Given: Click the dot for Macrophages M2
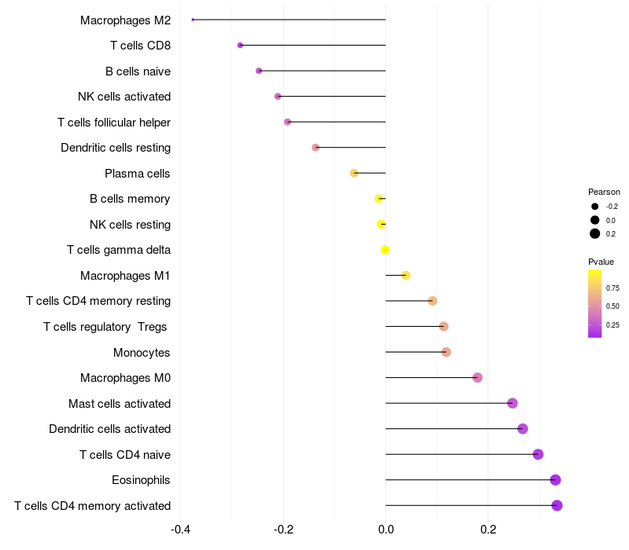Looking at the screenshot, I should tap(193, 20).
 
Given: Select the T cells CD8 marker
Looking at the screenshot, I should tap(240, 46).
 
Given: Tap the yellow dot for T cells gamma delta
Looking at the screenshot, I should tap(385, 250).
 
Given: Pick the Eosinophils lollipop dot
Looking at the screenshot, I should tap(555, 480).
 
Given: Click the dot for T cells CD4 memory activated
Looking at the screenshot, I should tap(557, 505).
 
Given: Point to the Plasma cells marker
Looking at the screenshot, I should tap(354, 173).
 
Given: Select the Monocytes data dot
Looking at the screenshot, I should tap(446, 352).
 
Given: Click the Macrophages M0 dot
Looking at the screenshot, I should tap(477, 378).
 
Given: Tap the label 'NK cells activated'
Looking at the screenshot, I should tap(124, 97).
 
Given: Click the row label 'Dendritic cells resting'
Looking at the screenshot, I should tap(116, 148).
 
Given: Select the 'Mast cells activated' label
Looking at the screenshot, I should tap(120, 404).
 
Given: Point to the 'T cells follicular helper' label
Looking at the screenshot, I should tap(114, 123).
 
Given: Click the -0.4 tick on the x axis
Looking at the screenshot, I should tap(180, 529).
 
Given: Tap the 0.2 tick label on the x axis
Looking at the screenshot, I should tap(488, 529).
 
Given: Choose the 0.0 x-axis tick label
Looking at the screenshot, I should tap(385, 529).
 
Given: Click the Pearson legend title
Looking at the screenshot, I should tap(604, 192).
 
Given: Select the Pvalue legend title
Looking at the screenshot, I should tap(601, 262).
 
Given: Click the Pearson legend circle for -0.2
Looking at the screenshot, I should tap(595, 207).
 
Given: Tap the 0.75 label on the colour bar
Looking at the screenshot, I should tap(612, 288).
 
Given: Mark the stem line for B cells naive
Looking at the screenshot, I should tap(322, 71).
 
